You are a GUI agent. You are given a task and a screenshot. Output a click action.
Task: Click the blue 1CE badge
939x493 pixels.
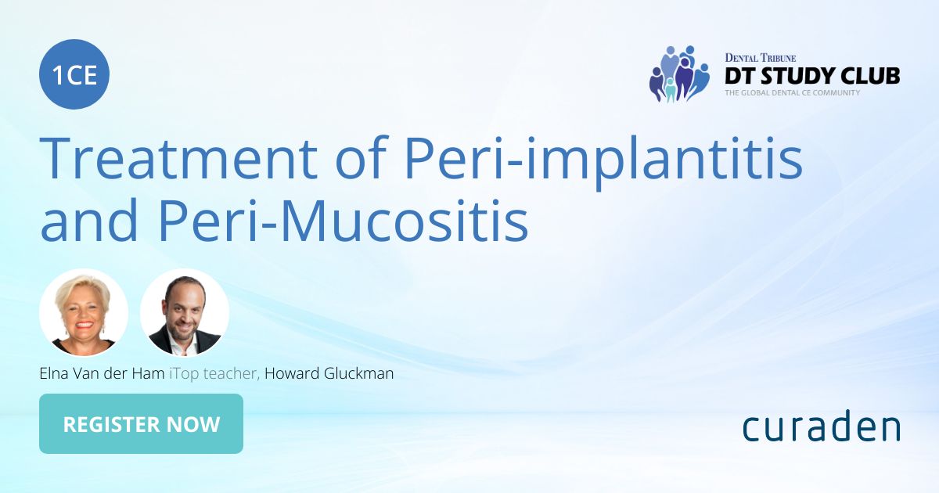click(x=74, y=75)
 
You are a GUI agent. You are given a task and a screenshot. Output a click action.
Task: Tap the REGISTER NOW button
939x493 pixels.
click(x=141, y=424)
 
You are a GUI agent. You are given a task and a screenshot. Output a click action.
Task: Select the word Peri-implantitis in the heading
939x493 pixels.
click(x=603, y=159)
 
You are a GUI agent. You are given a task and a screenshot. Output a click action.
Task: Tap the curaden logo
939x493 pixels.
click(x=821, y=427)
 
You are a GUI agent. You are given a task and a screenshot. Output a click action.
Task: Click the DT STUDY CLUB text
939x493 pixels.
click(x=811, y=76)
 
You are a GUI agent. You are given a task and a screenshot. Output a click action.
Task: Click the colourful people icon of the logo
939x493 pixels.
click(x=678, y=74)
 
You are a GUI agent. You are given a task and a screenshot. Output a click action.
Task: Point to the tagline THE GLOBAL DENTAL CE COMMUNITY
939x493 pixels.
click(x=792, y=92)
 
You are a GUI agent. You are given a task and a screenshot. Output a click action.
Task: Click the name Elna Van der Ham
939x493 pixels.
click(x=103, y=374)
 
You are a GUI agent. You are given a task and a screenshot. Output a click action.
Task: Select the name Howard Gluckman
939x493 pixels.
click(x=329, y=374)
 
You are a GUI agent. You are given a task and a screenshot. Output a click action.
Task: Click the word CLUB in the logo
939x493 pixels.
click(x=869, y=76)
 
